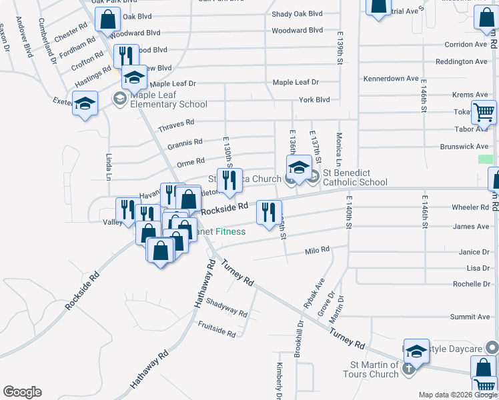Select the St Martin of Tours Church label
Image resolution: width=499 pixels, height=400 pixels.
click(374, 369)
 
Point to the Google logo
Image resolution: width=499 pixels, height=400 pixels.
click(22, 392)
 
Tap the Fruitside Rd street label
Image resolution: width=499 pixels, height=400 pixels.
click(217, 329)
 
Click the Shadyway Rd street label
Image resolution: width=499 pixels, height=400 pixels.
click(227, 307)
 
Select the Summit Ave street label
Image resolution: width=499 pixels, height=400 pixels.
click(470, 317)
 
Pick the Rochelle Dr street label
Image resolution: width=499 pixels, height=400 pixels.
click(471, 284)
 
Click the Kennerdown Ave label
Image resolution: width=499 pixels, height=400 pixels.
click(391, 79)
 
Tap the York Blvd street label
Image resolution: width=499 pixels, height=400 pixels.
click(314, 100)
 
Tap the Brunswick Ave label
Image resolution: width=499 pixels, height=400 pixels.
click(464, 147)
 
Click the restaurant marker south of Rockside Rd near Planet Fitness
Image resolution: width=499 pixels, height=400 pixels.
click(269, 213)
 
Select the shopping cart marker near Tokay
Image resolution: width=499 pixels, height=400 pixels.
click(484, 112)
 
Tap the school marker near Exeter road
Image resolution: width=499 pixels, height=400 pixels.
click(85, 104)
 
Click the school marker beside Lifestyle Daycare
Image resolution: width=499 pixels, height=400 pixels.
click(416, 352)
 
